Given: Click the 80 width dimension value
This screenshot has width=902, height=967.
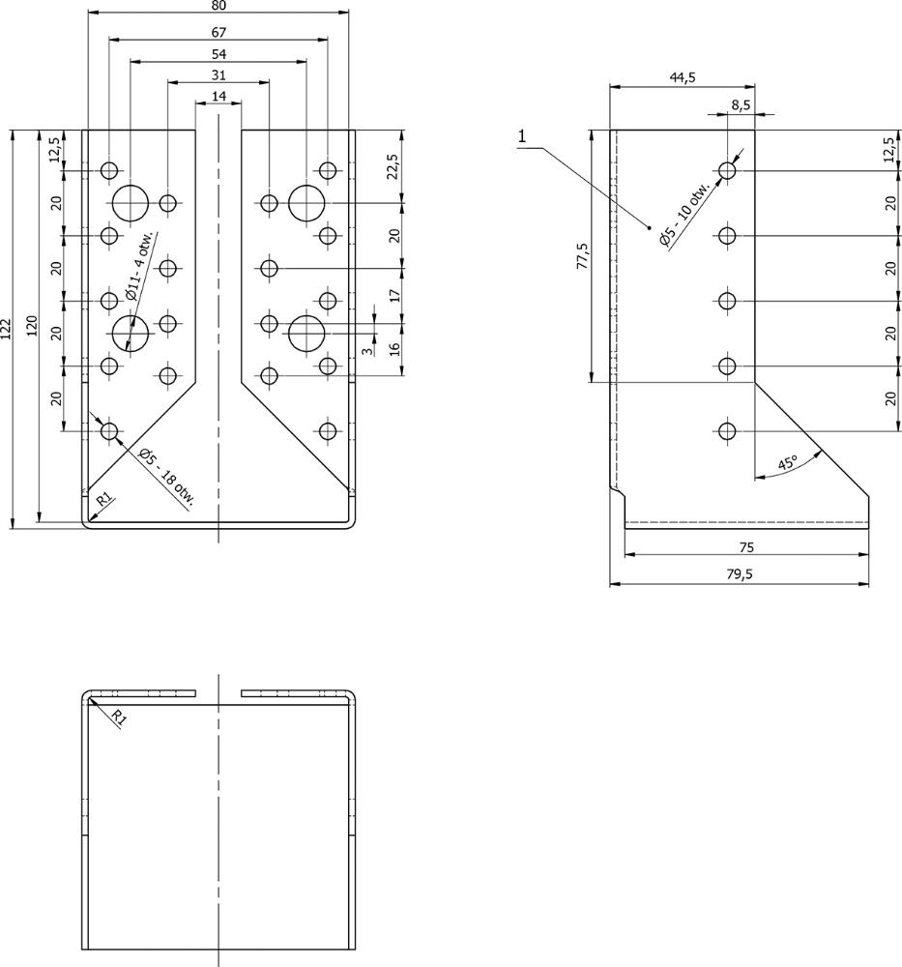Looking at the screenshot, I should click(218, 6).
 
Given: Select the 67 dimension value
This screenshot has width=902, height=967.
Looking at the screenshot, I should click(218, 32).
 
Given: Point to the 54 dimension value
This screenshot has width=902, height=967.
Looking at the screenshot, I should click(218, 53).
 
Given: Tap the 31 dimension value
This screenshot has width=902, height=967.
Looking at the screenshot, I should click(218, 75).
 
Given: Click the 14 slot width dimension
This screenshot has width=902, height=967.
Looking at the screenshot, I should click(218, 96).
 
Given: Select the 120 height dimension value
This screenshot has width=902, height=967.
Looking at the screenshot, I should click(32, 326).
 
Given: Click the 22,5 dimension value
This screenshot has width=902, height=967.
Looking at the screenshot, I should click(392, 167).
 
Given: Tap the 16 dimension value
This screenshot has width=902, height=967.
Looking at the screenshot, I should click(392, 349).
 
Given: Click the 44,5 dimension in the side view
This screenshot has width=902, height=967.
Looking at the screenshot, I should click(683, 78).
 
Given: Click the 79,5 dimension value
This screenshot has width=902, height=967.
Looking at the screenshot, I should click(739, 573).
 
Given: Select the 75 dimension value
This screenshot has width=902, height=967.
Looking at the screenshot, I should click(746, 546).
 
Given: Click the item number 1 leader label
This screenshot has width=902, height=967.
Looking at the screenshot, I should click(522, 136).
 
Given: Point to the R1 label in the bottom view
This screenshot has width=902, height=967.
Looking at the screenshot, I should click(117, 718).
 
